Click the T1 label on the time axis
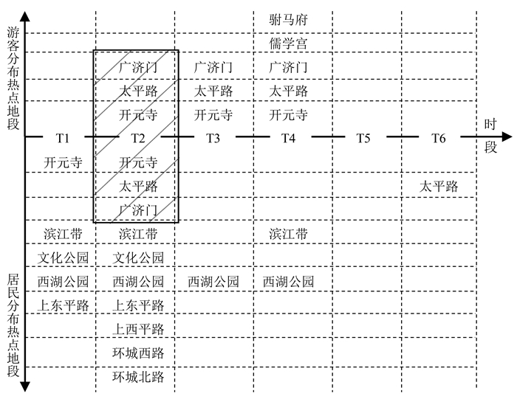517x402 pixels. pyautogui.click(x=62, y=138)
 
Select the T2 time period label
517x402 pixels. pyautogui.click(x=138, y=138)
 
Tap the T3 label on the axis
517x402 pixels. pyautogui.click(x=213, y=138)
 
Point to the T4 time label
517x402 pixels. pyautogui.click(x=287, y=138)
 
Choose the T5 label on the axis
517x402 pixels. pyautogui.click(x=363, y=138)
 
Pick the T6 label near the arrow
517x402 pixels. pyautogui.click(x=439, y=138)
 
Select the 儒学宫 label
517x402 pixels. pyautogui.click(x=288, y=44)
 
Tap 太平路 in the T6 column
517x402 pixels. pyautogui.click(x=439, y=187)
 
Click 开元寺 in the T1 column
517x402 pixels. pyautogui.click(x=63, y=163)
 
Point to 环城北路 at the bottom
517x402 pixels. pyautogui.click(x=138, y=377)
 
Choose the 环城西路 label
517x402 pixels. pyautogui.click(x=138, y=353)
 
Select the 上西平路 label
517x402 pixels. pyautogui.click(x=138, y=329)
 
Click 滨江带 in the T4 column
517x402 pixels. pyautogui.click(x=288, y=235)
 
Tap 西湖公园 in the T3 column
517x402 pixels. pyautogui.click(x=213, y=282)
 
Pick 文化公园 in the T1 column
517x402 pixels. pyautogui.click(x=63, y=258)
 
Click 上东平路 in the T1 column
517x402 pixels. pyautogui.click(x=63, y=305)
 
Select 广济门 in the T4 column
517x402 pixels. pyautogui.click(x=288, y=67)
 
